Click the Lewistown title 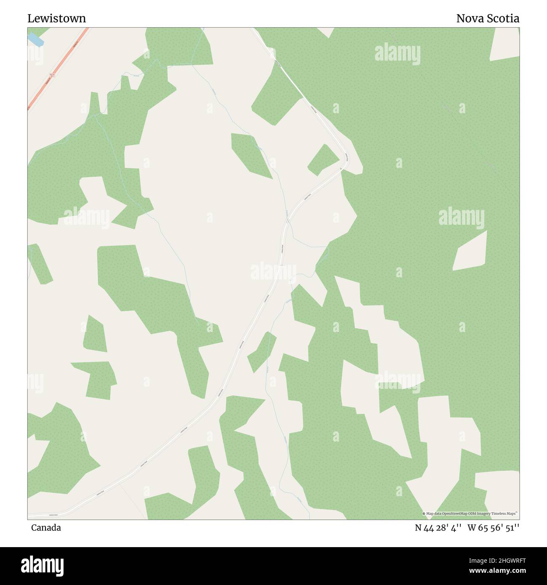57,19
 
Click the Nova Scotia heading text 488,19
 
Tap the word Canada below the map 46,527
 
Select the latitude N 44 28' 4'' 438,527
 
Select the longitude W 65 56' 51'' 493,527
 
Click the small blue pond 36,40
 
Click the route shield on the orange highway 52,75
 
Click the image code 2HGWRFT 505,560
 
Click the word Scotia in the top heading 504,19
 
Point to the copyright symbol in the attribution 424,513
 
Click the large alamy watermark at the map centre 273,271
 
